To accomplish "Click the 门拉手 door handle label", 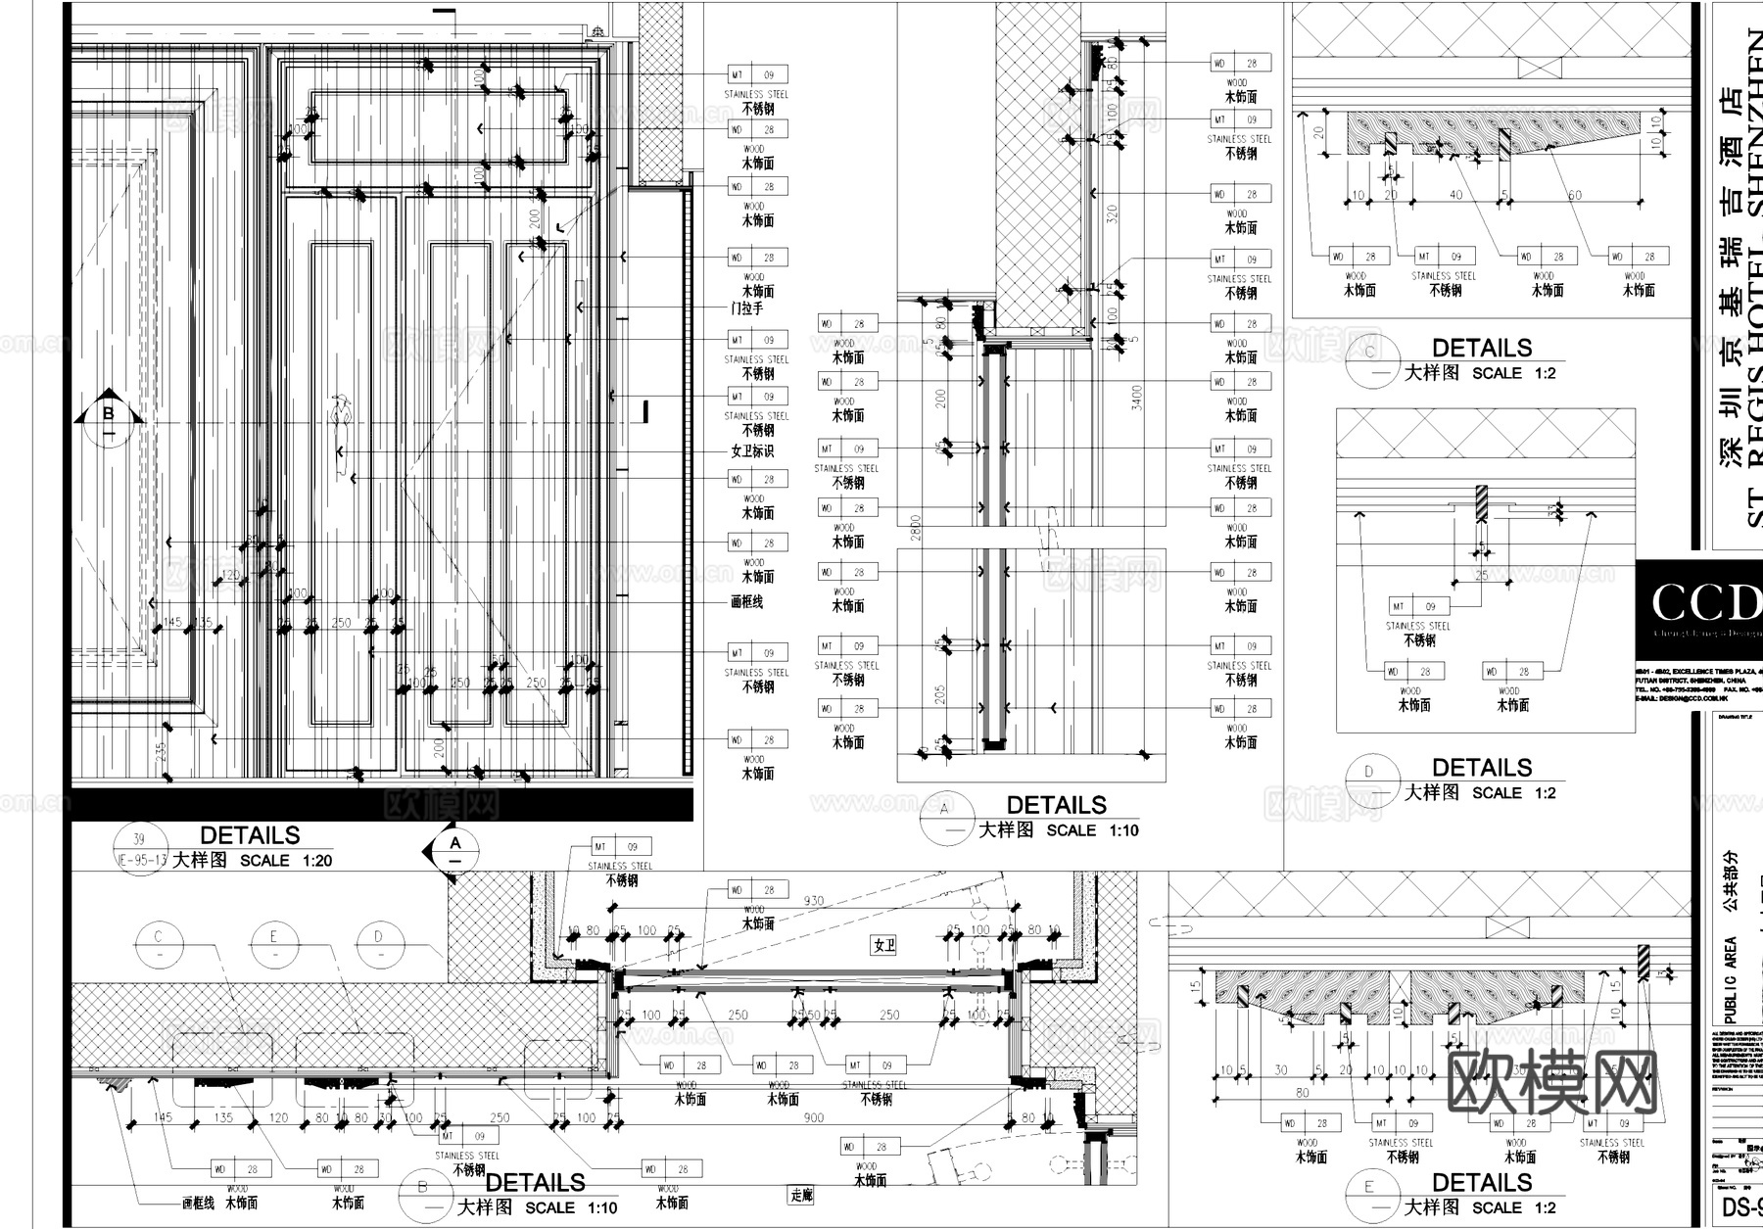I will click(746, 308).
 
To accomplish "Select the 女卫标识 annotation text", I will click(752, 451).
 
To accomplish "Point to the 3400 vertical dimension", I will click(1136, 397).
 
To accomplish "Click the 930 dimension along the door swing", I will click(813, 901).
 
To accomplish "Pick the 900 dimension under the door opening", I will click(813, 1117).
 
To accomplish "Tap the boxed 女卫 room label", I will click(884, 945).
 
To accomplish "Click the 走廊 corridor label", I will click(801, 1195).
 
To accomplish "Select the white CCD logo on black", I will click(1703, 603).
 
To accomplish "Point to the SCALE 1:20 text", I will click(286, 861).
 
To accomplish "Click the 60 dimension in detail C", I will click(1574, 195).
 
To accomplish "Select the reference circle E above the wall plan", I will click(273, 937).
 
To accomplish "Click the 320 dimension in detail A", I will click(1112, 213).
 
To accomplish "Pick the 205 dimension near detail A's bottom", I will click(940, 694).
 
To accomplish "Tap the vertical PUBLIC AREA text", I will click(1730, 979).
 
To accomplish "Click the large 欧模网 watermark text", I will click(1551, 1083).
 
